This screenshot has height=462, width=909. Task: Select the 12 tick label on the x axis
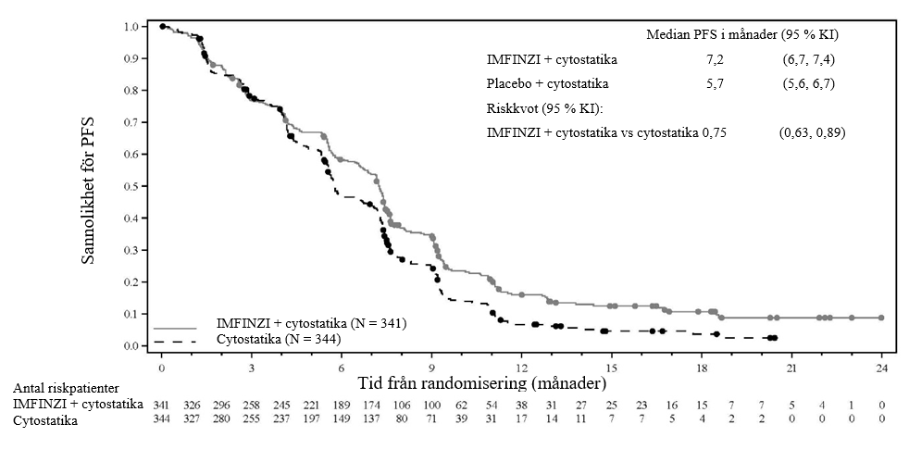point(522,367)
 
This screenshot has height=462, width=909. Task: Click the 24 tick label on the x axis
point(882,367)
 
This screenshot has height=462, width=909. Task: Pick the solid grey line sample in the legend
point(176,329)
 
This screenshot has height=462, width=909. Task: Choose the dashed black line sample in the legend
point(176,343)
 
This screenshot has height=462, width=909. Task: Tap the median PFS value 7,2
point(716,60)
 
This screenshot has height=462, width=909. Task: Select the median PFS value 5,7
point(716,84)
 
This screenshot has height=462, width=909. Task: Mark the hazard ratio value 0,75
point(714,132)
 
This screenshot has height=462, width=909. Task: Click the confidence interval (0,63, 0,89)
point(812,132)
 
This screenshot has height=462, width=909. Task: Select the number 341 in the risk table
point(162,405)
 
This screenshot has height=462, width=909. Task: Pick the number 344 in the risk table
point(162,419)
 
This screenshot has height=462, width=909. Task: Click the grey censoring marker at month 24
point(881,318)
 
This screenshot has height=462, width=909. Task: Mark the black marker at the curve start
point(162,26)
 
